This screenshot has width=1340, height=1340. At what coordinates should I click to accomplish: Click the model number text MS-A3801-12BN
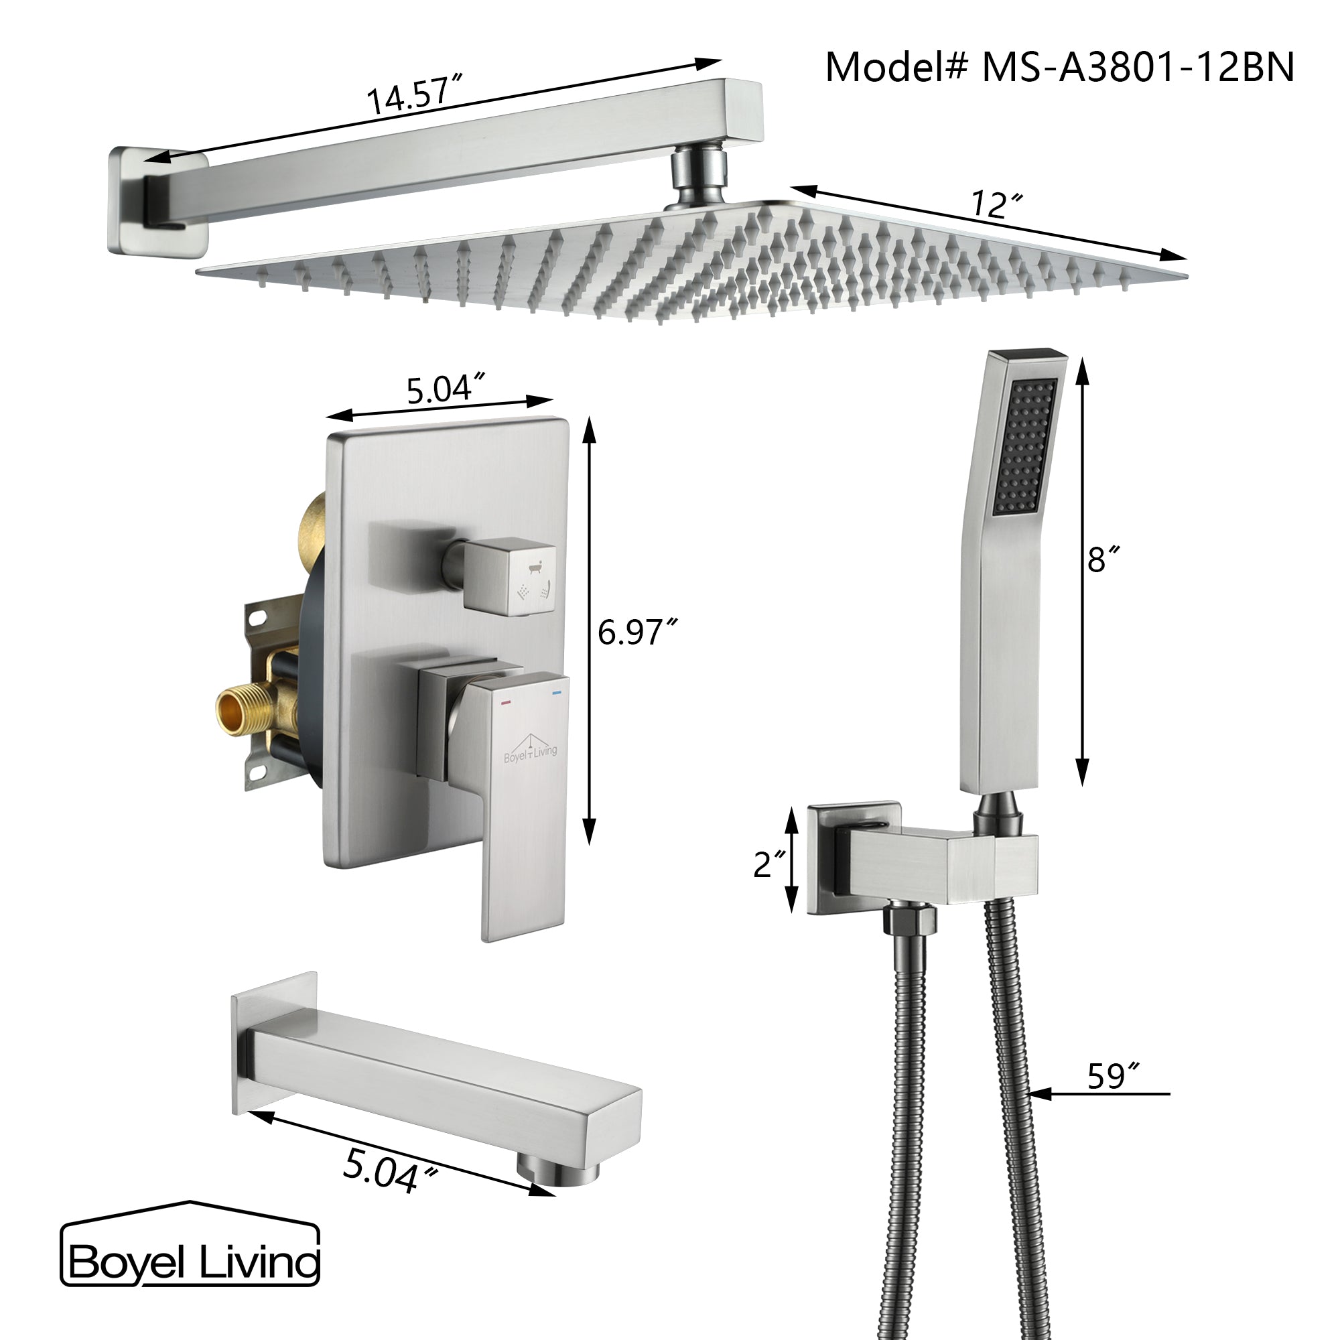click(x=1138, y=68)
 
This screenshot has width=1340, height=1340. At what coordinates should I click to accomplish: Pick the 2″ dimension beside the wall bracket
click(x=770, y=864)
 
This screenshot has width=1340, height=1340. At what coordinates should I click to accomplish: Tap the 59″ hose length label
click(x=1113, y=1076)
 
